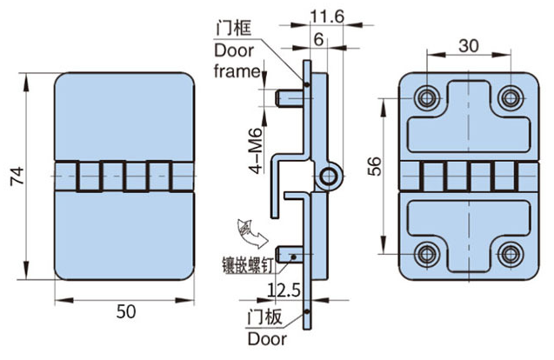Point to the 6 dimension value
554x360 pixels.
pos(318,39)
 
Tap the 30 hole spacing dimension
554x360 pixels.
pos(468,43)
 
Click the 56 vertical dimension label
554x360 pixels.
pos(374,166)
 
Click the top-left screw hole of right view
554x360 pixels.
pos(426,98)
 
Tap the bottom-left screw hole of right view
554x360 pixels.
pos(426,255)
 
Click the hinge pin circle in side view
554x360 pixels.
pos(328,177)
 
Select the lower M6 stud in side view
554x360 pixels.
pos(289,255)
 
